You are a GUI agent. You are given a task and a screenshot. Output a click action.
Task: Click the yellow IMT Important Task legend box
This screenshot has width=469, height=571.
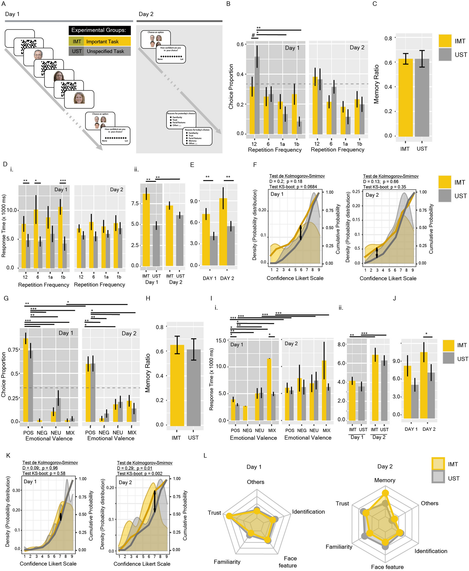[99, 41]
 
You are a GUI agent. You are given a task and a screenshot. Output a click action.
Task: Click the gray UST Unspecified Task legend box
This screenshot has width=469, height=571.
[99, 51]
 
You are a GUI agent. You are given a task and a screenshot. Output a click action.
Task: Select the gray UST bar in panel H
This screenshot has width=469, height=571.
[194, 387]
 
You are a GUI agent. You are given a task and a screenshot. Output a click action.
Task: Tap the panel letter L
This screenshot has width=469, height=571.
[205, 456]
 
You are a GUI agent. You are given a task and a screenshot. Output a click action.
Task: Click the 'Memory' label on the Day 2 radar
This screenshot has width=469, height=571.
[385, 480]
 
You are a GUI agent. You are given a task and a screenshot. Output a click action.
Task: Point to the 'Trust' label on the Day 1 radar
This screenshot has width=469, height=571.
[214, 513]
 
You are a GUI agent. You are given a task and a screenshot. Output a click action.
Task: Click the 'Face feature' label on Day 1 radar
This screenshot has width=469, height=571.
[288, 562]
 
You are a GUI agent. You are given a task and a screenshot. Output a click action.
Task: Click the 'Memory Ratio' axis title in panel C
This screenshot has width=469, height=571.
[376, 84]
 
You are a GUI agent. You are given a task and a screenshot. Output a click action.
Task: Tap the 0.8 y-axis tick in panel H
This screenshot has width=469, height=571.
[160, 327]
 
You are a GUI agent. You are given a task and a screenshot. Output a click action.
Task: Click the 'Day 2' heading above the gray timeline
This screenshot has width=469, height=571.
[146, 14]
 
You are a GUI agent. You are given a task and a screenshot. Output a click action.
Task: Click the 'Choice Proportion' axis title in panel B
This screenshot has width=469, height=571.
[231, 86]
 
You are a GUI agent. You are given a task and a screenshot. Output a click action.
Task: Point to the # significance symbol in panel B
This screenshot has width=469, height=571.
[253, 35]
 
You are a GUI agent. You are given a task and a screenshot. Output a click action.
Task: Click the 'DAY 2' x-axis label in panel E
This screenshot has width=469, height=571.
[227, 278]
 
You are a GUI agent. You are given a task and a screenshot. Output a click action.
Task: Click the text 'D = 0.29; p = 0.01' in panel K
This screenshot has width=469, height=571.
[134, 468]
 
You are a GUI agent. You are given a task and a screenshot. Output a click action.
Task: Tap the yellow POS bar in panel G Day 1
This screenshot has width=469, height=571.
[26, 380]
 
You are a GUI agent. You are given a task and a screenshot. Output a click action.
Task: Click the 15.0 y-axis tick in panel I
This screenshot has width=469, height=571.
[221, 340]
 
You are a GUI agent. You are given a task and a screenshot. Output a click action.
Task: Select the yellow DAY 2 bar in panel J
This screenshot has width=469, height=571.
[424, 385]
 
